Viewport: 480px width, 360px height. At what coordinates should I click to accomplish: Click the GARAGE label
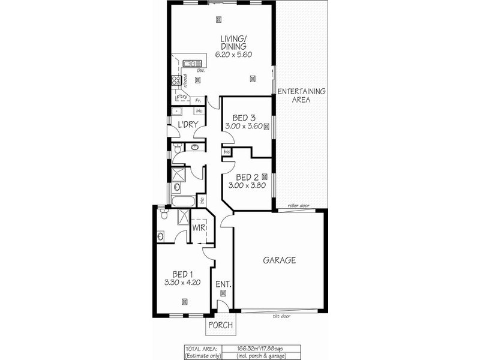point(280,260)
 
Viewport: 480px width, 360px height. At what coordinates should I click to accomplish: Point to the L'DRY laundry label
point(188,124)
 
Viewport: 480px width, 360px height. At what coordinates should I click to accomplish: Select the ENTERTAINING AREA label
point(301,95)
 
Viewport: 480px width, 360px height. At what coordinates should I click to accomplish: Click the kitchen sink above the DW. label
point(192,63)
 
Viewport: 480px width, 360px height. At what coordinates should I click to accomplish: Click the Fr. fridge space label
point(197,100)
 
